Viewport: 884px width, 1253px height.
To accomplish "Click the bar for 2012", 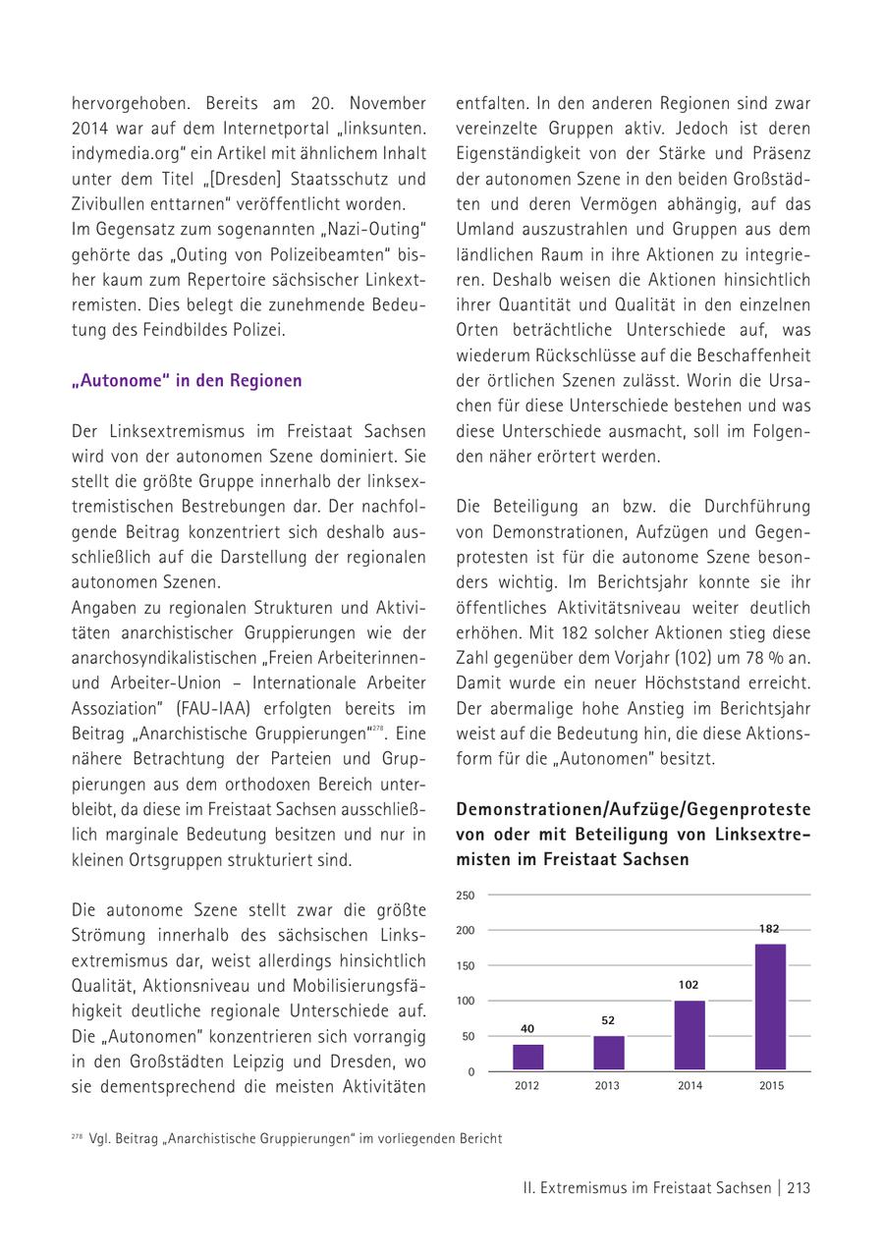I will click(528, 1057).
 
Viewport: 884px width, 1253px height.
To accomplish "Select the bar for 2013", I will click(609, 1053).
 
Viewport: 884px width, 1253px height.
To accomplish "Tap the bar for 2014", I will click(690, 1035).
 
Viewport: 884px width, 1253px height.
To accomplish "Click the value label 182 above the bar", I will click(770, 928).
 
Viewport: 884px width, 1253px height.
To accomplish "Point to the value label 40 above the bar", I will click(527, 1028).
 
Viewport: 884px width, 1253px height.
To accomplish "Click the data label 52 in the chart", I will click(609, 1020).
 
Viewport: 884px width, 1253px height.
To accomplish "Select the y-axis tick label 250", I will click(466, 896).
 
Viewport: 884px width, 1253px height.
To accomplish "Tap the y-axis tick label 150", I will click(466, 966).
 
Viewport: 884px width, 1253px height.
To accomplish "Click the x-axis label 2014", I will click(690, 1086).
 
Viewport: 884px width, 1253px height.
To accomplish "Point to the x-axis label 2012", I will click(527, 1086).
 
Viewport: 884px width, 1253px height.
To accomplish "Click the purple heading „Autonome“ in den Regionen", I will click(187, 381).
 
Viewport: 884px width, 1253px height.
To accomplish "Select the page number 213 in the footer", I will click(798, 1188).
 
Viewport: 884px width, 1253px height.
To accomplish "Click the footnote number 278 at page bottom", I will click(77, 1137).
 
